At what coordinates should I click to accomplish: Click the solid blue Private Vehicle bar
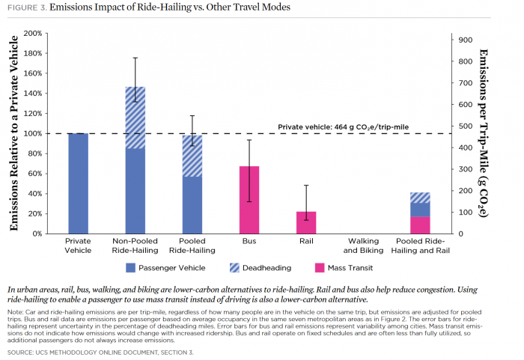click(78, 183)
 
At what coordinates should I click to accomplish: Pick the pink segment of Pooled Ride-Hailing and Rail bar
click(420, 225)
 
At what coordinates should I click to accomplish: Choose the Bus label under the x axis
click(249, 242)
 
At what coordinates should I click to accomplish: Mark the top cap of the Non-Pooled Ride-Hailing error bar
click(135, 58)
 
